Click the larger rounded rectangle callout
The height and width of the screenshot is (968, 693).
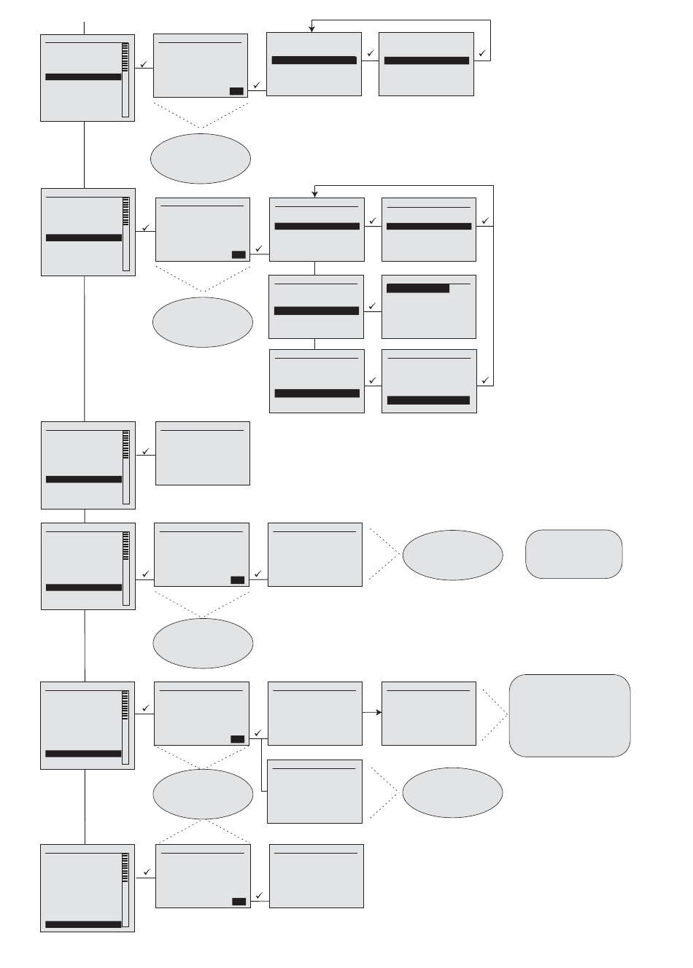pos(569,715)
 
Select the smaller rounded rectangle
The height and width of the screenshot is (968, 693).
pos(573,554)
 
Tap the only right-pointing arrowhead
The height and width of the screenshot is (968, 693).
pos(378,712)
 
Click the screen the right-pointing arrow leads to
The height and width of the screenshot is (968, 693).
pos(429,714)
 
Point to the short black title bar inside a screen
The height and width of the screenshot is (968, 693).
pos(417,289)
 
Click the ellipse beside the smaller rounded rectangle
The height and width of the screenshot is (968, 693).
pos(452,555)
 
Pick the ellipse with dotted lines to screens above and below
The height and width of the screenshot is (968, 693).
pos(204,794)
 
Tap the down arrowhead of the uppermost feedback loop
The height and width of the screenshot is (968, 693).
pos(311,28)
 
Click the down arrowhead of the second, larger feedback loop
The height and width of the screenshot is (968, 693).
pos(315,193)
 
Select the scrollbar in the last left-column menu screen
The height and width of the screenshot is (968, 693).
pos(125,889)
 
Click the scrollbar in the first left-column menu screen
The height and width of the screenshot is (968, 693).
pos(125,79)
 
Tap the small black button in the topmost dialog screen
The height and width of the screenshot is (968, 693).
pos(236,91)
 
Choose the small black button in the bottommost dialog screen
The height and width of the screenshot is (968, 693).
pos(239,902)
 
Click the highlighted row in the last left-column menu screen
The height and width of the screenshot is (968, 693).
pos(83,924)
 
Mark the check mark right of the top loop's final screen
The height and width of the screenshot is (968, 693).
pos(482,53)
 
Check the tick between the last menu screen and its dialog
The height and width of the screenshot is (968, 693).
pos(147,872)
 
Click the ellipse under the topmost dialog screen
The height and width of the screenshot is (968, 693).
pos(201,158)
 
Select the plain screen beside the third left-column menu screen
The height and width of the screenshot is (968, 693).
pos(203,453)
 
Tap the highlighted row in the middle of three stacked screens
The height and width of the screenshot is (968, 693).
pos(317,311)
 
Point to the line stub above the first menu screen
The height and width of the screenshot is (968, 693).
pos(85,28)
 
